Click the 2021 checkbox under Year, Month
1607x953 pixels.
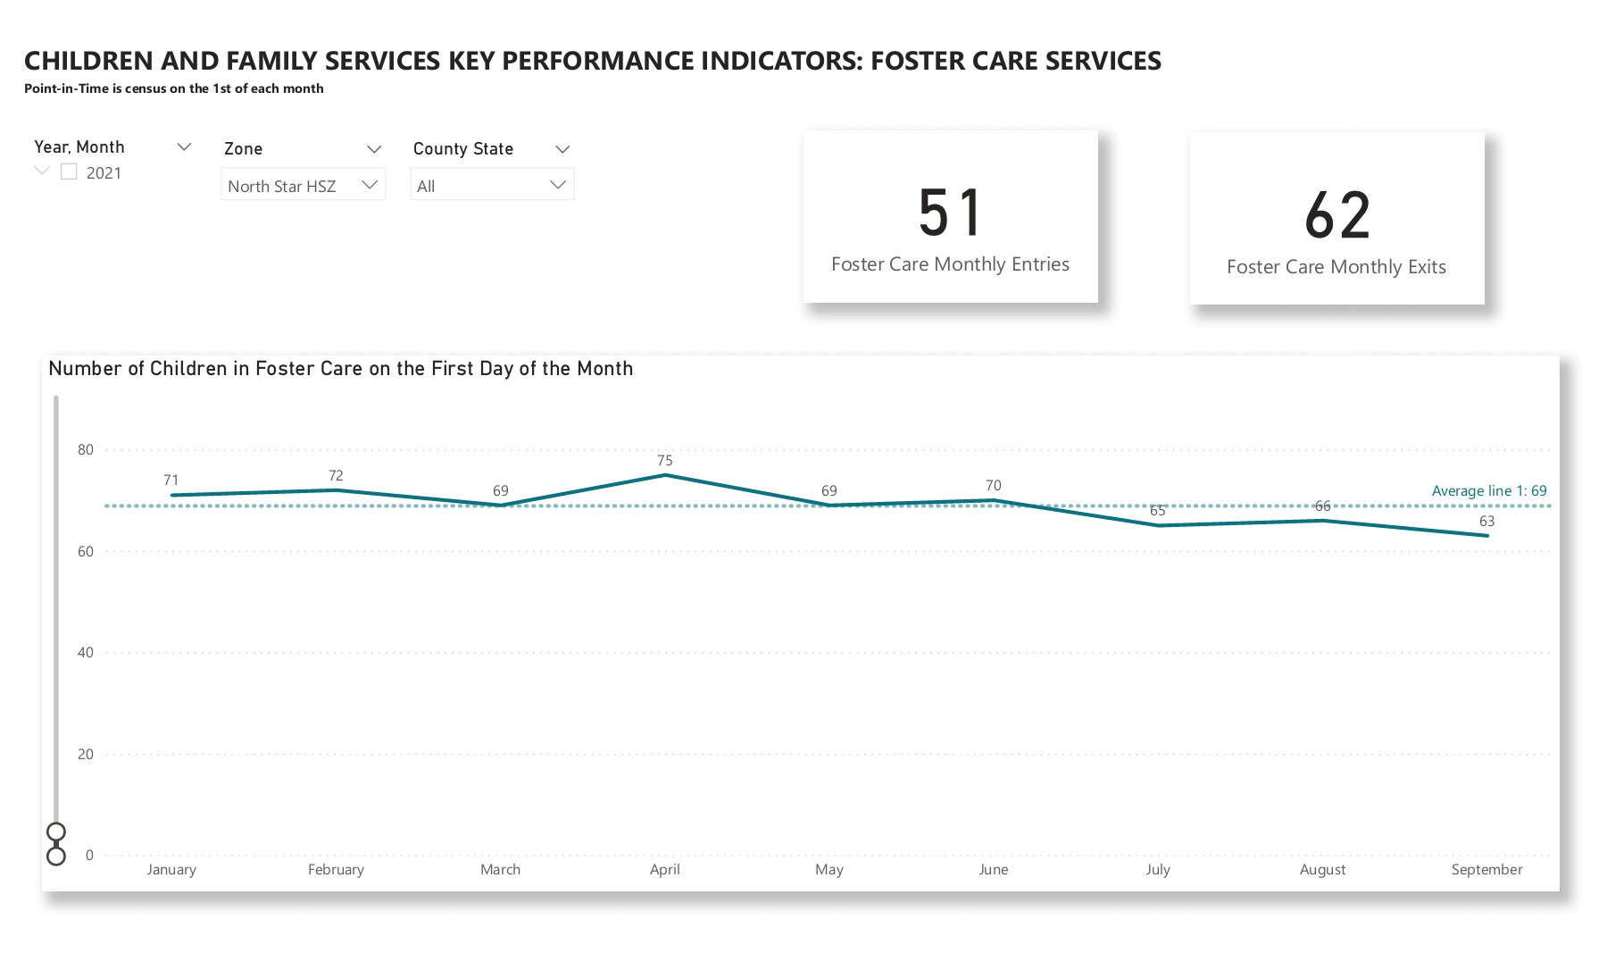pyautogui.click(x=69, y=171)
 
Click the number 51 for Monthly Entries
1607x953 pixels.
pyautogui.click(x=950, y=213)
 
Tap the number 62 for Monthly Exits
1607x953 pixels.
pyautogui.click(x=1336, y=215)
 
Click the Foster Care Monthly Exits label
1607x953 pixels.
pyautogui.click(x=1336, y=267)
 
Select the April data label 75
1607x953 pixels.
pyautogui.click(x=664, y=460)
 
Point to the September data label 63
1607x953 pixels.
pyautogui.click(x=1486, y=521)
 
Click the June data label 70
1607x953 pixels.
pyautogui.click(x=993, y=485)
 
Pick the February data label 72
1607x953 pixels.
pyautogui.click(x=336, y=475)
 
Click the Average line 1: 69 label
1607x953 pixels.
pyautogui.click(x=1488, y=490)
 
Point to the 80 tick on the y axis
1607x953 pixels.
pyautogui.click(x=86, y=449)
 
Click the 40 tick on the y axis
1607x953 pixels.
pyautogui.click(x=86, y=652)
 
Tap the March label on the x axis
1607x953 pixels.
pyautogui.click(x=500, y=869)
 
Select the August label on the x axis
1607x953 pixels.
pyautogui.click(x=1322, y=869)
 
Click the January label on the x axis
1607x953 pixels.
pyautogui.click(x=171, y=869)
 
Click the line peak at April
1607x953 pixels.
pyautogui.click(x=664, y=475)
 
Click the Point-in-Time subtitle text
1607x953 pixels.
pyautogui.click(x=173, y=88)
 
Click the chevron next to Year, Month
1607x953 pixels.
pyautogui.click(x=184, y=146)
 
